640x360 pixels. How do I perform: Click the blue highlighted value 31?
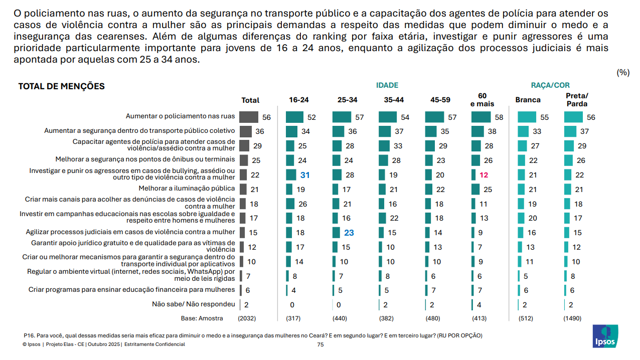pos(305,175)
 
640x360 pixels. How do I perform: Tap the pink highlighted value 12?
pos(484,175)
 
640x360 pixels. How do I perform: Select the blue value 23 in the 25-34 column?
pos(349,233)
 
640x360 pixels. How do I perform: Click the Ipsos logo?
pos(605,336)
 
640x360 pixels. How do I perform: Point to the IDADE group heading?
pos(387,85)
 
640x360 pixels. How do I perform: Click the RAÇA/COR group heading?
pos(550,85)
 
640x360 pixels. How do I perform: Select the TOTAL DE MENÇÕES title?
pos(61,86)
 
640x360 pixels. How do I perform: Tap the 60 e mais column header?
pos(483,100)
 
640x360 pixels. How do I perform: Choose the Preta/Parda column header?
pos(577,100)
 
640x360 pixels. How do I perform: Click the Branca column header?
pos(528,100)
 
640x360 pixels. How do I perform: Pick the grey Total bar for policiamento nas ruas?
pos(249,117)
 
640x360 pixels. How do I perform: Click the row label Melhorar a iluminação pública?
pos(187,189)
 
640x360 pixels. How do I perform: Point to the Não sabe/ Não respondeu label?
pos(194,304)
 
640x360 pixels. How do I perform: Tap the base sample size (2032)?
pos(247,318)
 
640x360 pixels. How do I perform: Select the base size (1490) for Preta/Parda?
pos(572,318)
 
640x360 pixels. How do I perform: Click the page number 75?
pos(321,344)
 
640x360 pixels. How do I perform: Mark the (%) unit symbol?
pos(623,73)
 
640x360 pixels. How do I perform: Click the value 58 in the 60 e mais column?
pos(499,117)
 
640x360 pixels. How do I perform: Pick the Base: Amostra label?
pos(202,318)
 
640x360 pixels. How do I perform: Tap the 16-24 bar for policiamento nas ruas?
pos(294,117)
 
